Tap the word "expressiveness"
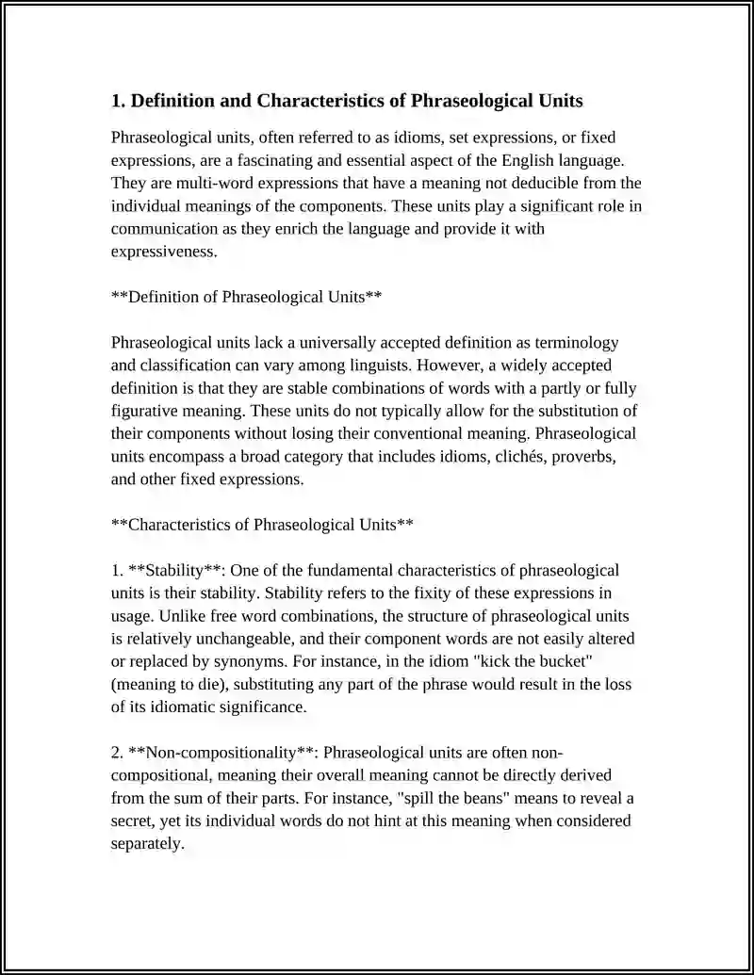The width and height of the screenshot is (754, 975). (163, 252)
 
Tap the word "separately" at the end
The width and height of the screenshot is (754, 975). (146, 843)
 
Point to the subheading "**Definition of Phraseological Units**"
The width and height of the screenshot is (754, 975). (246, 297)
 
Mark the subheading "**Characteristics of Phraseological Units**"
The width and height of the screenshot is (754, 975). (262, 525)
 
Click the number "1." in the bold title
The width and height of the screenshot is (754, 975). (119, 101)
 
